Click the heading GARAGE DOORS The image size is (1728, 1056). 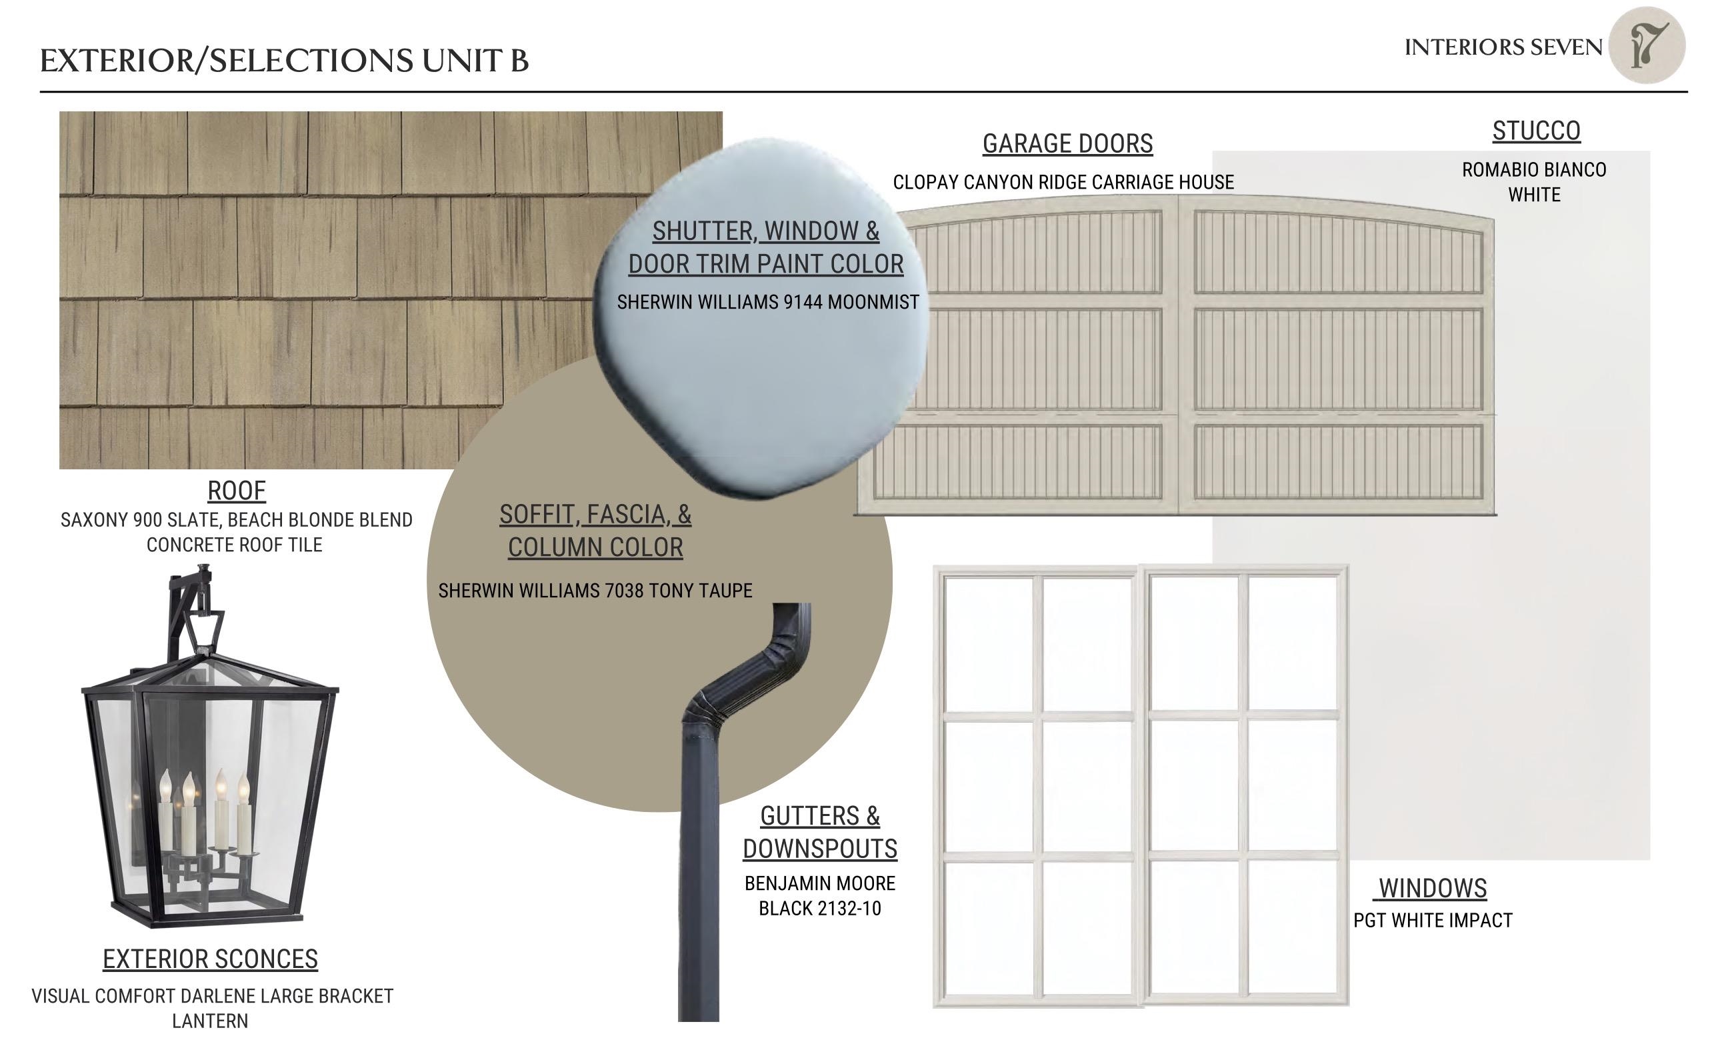pos(1067,144)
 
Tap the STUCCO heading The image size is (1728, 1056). pos(1536,131)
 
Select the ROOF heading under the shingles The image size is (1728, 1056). pos(237,491)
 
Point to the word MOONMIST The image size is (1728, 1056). pos(873,302)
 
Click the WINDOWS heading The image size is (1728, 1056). pos(1433,889)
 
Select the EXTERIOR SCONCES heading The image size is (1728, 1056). pos(211,959)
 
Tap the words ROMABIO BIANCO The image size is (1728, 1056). pos(1534,170)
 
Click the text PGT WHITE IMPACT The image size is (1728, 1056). pos(1433,921)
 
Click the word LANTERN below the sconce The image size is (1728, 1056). pos(211,1021)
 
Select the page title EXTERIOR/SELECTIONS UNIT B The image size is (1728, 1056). pos(284,61)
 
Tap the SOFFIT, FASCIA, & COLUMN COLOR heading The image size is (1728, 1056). pos(595,531)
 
